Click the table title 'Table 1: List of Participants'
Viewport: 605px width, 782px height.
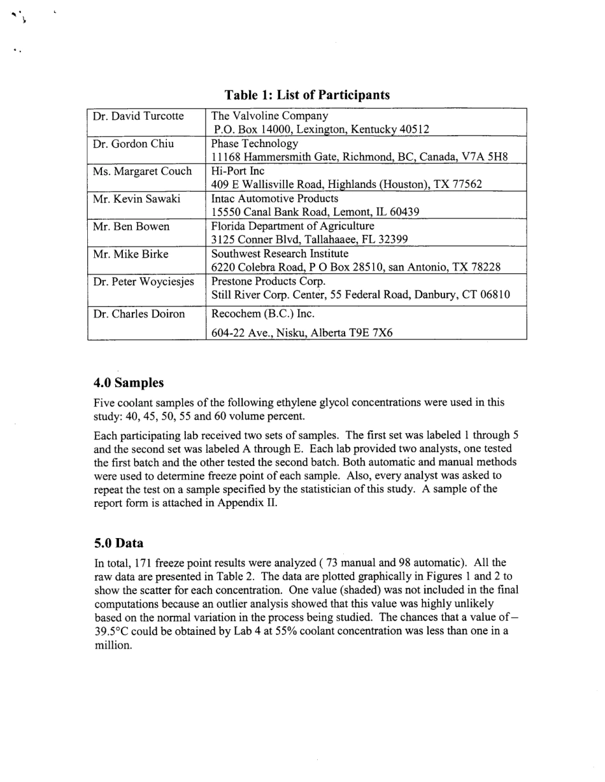click(307, 95)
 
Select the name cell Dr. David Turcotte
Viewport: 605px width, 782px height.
click(138, 116)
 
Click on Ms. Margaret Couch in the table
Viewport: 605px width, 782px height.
click(142, 171)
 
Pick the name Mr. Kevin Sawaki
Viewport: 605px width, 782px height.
click(136, 199)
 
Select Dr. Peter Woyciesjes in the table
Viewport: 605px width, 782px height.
click(143, 281)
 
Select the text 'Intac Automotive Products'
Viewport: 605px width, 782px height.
click(274, 199)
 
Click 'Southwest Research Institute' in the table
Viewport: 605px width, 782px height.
click(280, 253)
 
